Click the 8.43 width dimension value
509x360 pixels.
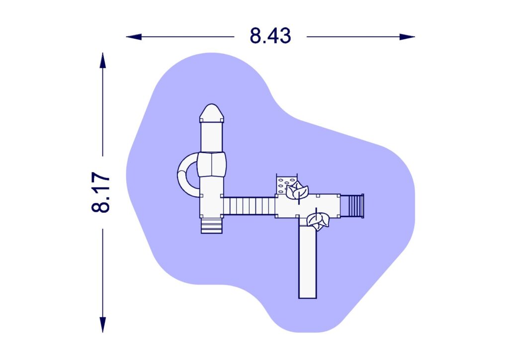click(270, 36)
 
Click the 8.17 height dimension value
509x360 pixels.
click(101, 192)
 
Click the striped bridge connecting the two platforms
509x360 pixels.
click(249, 206)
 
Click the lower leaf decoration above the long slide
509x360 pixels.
click(318, 220)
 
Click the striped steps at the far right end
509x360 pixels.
click(355, 206)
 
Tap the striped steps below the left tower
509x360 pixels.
click(212, 226)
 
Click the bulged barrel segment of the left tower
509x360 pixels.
click(212, 164)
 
